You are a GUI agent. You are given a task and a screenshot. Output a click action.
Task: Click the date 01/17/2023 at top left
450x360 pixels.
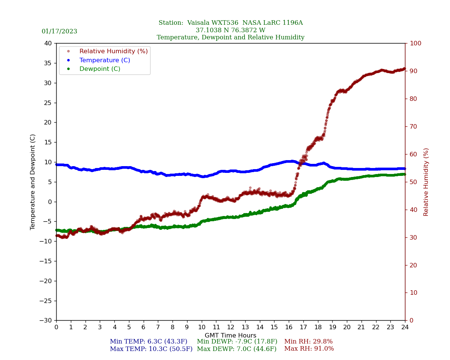59,31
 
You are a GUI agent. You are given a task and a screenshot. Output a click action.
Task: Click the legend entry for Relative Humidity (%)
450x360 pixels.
113,51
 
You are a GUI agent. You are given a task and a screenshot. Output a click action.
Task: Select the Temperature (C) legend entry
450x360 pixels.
105,60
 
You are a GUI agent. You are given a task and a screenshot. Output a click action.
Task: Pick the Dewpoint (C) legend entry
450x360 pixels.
100,69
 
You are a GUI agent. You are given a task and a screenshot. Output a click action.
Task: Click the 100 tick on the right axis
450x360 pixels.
415,43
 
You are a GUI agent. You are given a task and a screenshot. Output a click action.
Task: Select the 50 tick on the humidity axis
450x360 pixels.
414,182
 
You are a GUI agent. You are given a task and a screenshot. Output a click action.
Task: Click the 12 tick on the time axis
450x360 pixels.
231,327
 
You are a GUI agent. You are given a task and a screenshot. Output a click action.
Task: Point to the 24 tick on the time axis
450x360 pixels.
405,327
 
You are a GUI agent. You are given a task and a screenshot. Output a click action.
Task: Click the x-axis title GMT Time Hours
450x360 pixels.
231,336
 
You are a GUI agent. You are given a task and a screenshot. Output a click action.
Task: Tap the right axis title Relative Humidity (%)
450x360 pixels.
426,182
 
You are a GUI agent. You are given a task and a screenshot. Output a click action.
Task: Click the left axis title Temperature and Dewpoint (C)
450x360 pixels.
33,182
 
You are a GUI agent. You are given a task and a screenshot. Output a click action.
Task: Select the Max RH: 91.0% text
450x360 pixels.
309,349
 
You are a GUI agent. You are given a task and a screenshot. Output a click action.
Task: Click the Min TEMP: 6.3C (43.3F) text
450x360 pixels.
148,342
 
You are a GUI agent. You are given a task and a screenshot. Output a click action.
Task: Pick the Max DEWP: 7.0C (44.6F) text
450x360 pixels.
237,349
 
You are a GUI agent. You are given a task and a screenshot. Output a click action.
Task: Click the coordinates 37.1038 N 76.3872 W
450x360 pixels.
231,30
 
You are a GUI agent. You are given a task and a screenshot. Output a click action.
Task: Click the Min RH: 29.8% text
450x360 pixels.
308,342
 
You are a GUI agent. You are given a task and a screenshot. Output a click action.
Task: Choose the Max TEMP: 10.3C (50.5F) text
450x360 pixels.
151,349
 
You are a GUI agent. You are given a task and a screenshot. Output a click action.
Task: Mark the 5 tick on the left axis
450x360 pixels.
50,182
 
